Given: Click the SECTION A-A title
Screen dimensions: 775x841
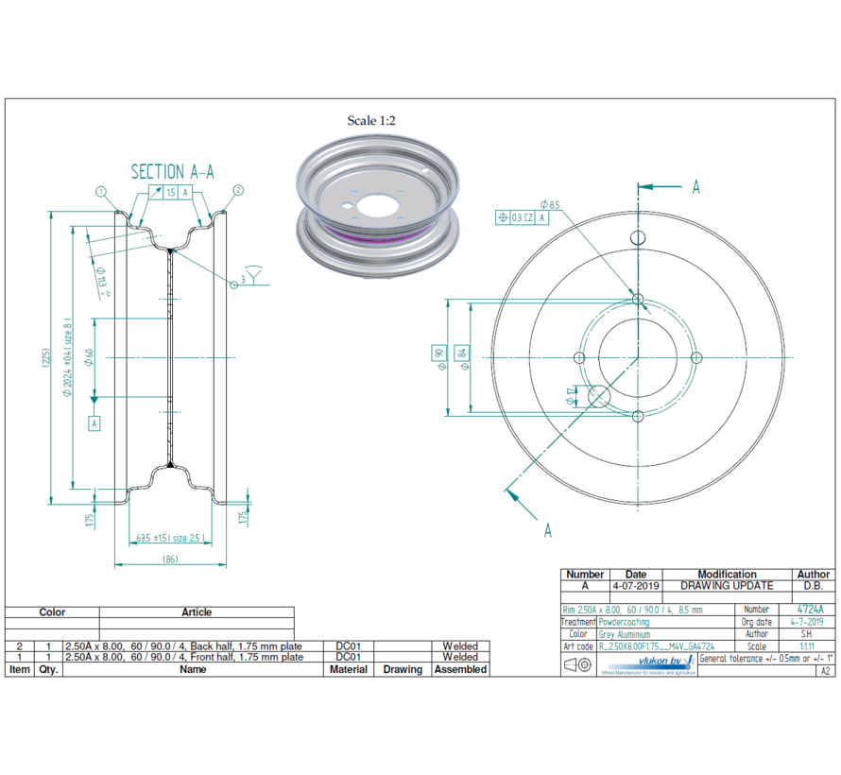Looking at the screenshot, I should [x=172, y=171].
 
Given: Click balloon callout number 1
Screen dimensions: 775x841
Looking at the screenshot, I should [x=101, y=191].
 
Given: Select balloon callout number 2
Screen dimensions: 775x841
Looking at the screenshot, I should [x=238, y=190].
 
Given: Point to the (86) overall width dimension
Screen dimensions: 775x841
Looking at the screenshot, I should [x=170, y=560].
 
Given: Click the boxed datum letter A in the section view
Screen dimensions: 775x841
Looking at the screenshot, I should [x=94, y=423].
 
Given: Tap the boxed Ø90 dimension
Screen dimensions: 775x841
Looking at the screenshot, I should [x=438, y=355].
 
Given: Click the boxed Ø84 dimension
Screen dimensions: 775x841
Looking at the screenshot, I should [x=461, y=355].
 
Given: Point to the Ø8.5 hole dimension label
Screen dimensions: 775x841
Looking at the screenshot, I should [x=550, y=204].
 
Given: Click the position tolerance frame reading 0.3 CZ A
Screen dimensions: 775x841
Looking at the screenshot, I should [x=522, y=217].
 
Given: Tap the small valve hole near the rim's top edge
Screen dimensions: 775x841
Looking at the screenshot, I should [x=638, y=236].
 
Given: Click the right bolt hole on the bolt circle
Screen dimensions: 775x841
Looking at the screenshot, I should [x=697, y=357].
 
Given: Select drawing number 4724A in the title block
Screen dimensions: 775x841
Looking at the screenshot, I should [x=810, y=610].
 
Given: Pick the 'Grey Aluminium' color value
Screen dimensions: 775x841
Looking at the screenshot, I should [x=625, y=634].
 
